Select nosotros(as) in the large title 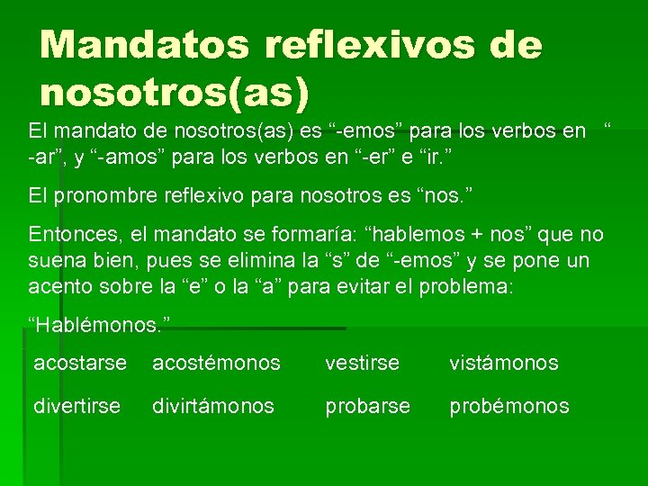(x=175, y=90)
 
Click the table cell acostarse (x=81, y=363)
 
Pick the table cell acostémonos (x=216, y=363)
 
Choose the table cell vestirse (x=363, y=363)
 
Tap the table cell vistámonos (x=504, y=363)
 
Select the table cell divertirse (x=77, y=406)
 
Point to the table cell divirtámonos (x=213, y=406)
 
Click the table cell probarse (x=368, y=406)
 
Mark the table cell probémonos (x=509, y=406)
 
